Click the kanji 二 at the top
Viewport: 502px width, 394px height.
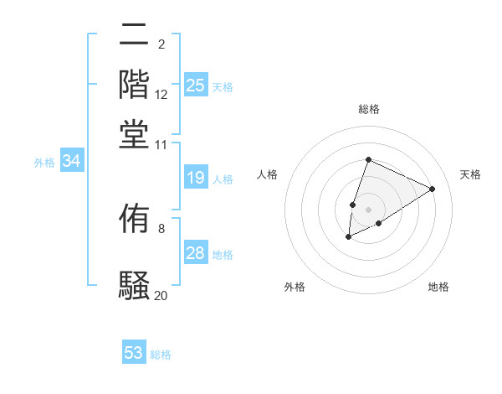click(135, 36)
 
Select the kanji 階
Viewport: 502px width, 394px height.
click(135, 85)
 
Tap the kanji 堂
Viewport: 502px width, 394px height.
click(135, 134)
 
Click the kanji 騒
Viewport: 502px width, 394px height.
click(135, 286)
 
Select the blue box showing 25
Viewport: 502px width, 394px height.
click(196, 85)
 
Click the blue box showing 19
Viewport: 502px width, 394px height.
click(196, 178)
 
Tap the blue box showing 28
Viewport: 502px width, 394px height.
click(196, 253)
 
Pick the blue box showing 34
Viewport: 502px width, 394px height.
click(71, 162)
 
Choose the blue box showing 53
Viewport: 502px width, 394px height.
click(134, 353)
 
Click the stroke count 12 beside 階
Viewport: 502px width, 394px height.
click(161, 96)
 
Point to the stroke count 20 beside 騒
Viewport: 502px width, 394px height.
click(161, 295)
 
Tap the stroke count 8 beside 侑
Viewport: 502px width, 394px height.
click(161, 227)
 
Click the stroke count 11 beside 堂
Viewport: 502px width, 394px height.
click(161, 144)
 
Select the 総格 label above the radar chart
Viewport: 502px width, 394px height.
click(368, 109)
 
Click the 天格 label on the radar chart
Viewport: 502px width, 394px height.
click(470, 174)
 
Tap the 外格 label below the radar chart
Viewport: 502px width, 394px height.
click(295, 287)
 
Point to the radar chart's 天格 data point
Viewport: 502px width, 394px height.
click(433, 189)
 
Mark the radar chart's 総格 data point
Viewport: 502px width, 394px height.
click(368, 159)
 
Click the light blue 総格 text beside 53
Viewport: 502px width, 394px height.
click(161, 354)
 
